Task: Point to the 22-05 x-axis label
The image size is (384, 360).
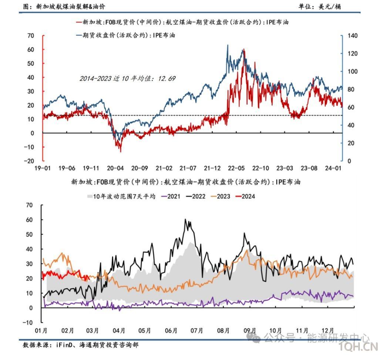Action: click(236, 168)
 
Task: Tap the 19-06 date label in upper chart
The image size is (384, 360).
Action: click(67, 168)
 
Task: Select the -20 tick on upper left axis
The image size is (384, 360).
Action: click(30, 161)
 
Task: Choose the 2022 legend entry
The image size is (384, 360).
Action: click(198, 196)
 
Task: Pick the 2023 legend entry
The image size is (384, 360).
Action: click(223, 196)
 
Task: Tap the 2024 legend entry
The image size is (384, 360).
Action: click(248, 196)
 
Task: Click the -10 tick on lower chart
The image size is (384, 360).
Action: click(28, 322)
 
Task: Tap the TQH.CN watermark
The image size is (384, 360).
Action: click(359, 347)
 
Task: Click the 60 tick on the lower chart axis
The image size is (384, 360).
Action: click(29, 220)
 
